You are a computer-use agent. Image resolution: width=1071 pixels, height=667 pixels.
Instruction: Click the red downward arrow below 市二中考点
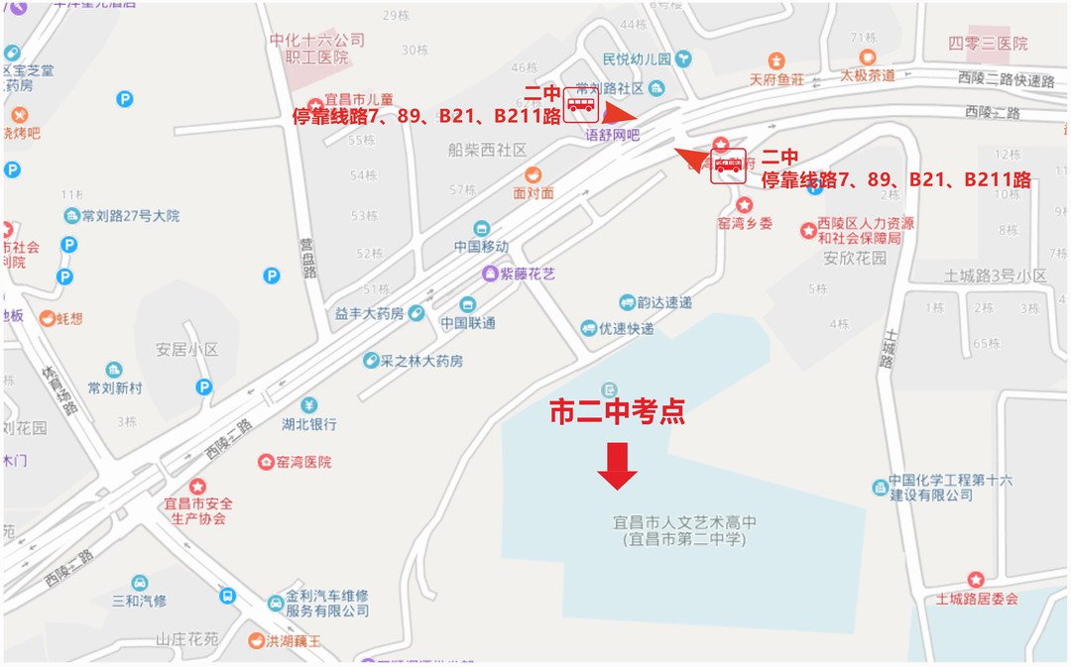617,465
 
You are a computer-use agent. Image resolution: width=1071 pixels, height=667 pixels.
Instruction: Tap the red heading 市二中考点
617,412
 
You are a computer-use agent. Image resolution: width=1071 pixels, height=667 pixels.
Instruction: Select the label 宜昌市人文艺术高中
685,522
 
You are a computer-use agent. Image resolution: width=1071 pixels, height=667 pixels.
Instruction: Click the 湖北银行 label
308,423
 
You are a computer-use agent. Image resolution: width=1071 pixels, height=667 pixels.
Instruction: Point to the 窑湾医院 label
304,462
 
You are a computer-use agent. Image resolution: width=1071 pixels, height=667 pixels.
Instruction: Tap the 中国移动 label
481,246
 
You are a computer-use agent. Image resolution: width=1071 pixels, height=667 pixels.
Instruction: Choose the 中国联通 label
468,322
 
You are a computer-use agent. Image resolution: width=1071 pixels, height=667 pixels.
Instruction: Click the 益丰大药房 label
369,313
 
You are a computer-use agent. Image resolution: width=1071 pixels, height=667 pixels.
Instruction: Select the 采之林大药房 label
421,361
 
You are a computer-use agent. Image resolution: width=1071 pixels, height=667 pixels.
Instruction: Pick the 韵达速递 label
664,302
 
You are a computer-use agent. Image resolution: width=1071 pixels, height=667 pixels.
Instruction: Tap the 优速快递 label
626,328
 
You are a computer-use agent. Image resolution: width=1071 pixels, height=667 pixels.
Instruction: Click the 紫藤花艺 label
528,274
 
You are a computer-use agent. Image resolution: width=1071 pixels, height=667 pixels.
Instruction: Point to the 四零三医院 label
987,44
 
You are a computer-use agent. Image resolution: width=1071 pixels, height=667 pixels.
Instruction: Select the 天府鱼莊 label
776,79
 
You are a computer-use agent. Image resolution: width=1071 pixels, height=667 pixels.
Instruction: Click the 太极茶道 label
868,74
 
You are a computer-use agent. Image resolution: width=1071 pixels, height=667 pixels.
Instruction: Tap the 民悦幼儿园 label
637,59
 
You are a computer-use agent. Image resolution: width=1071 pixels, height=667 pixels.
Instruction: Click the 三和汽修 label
139,601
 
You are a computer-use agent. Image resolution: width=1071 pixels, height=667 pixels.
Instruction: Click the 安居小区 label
185,350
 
